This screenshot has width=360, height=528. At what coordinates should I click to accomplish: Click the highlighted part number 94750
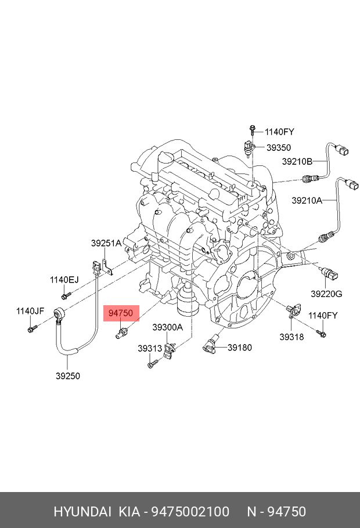click(121, 313)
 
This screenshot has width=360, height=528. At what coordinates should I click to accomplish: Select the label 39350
click(279, 148)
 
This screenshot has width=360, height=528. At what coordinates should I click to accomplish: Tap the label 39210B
click(297, 161)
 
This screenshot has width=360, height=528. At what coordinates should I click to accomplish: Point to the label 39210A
click(307, 201)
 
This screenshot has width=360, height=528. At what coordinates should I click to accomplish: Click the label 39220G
click(326, 294)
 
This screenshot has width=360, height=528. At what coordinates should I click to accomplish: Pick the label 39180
click(239, 348)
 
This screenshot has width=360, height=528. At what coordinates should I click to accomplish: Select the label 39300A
click(167, 327)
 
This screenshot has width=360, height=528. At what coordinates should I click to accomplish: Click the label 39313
click(150, 349)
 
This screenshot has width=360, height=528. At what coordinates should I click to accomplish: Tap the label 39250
click(68, 375)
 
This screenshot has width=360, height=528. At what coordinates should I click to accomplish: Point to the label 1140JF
click(30, 311)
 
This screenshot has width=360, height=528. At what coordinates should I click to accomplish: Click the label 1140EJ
click(64, 280)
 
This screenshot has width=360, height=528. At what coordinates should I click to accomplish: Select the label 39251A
click(106, 244)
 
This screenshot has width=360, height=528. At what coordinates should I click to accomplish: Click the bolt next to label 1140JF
click(31, 330)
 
